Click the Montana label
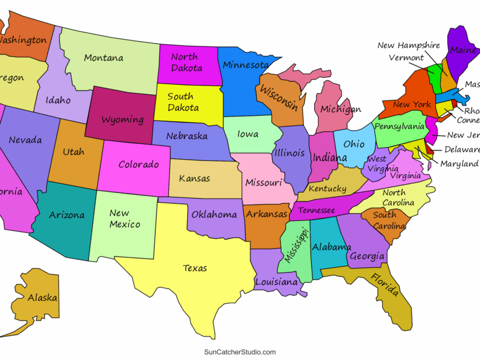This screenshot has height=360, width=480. point(104,58)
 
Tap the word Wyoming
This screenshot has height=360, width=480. point(123,119)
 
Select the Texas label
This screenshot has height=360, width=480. point(195,268)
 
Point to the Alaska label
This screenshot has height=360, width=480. point(43,298)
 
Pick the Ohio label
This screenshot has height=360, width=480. point(354,145)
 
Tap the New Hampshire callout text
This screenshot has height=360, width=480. point(408,45)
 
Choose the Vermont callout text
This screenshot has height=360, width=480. point(406,58)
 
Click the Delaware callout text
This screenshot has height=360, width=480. point(461,149)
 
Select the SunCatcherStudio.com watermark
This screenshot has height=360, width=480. point(240,352)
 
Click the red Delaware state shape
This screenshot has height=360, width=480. point(429,148)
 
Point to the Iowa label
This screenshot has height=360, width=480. point(248,135)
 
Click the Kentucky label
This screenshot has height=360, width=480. point(328,189)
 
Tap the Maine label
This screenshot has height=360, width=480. point(463,50)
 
